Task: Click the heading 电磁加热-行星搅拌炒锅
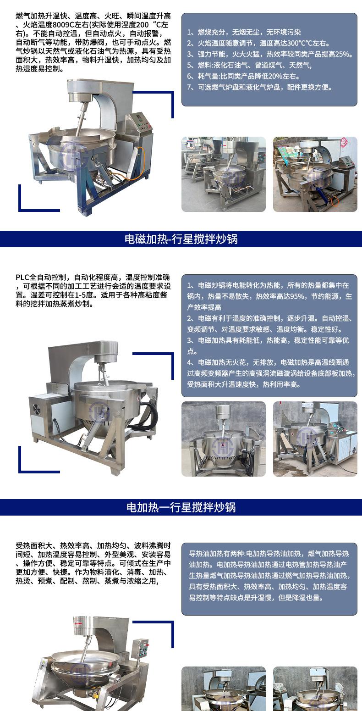coord(181,239)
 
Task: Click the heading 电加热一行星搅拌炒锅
coord(181,507)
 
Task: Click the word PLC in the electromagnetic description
coord(22,277)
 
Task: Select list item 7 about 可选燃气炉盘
coord(259,87)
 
